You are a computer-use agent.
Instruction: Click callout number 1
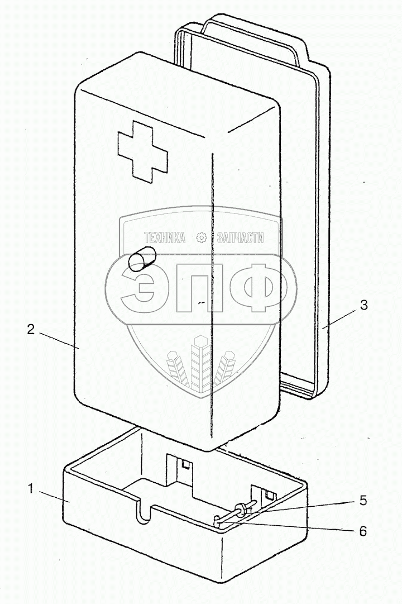pyautogui.click(x=31, y=489)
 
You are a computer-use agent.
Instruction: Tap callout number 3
pyautogui.click(x=363, y=305)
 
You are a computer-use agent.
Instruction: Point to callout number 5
pyautogui.click(x=363, y=500)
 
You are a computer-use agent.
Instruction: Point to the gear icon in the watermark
pyautogui.click(x=202, y=238)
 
